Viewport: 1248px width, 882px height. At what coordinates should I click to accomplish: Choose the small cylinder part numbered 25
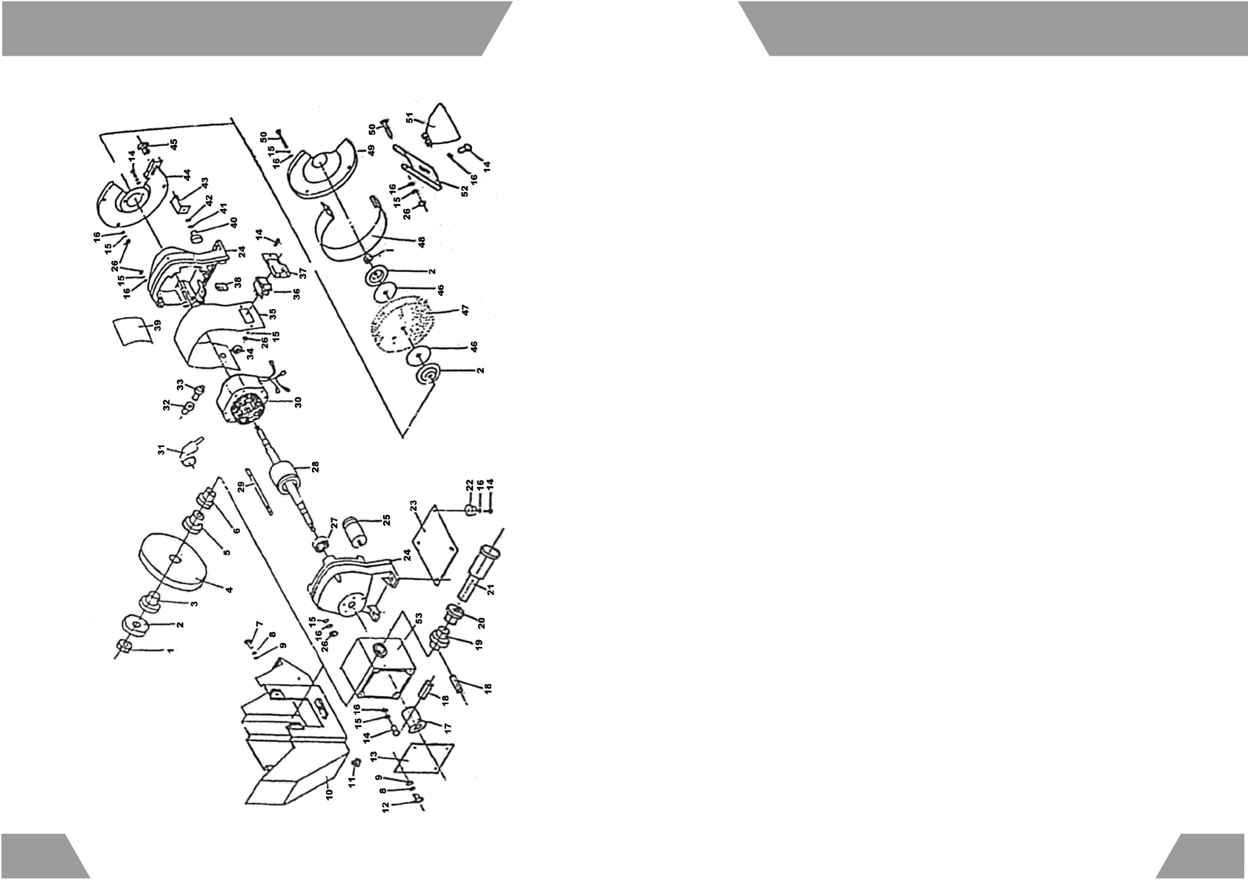coord(355,531)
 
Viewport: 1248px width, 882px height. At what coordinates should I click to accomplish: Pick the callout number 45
coord(174,143)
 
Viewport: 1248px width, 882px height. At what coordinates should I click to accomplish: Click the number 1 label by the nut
coord(170,650)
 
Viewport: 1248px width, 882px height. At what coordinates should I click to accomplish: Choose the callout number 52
coord(465,190)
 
